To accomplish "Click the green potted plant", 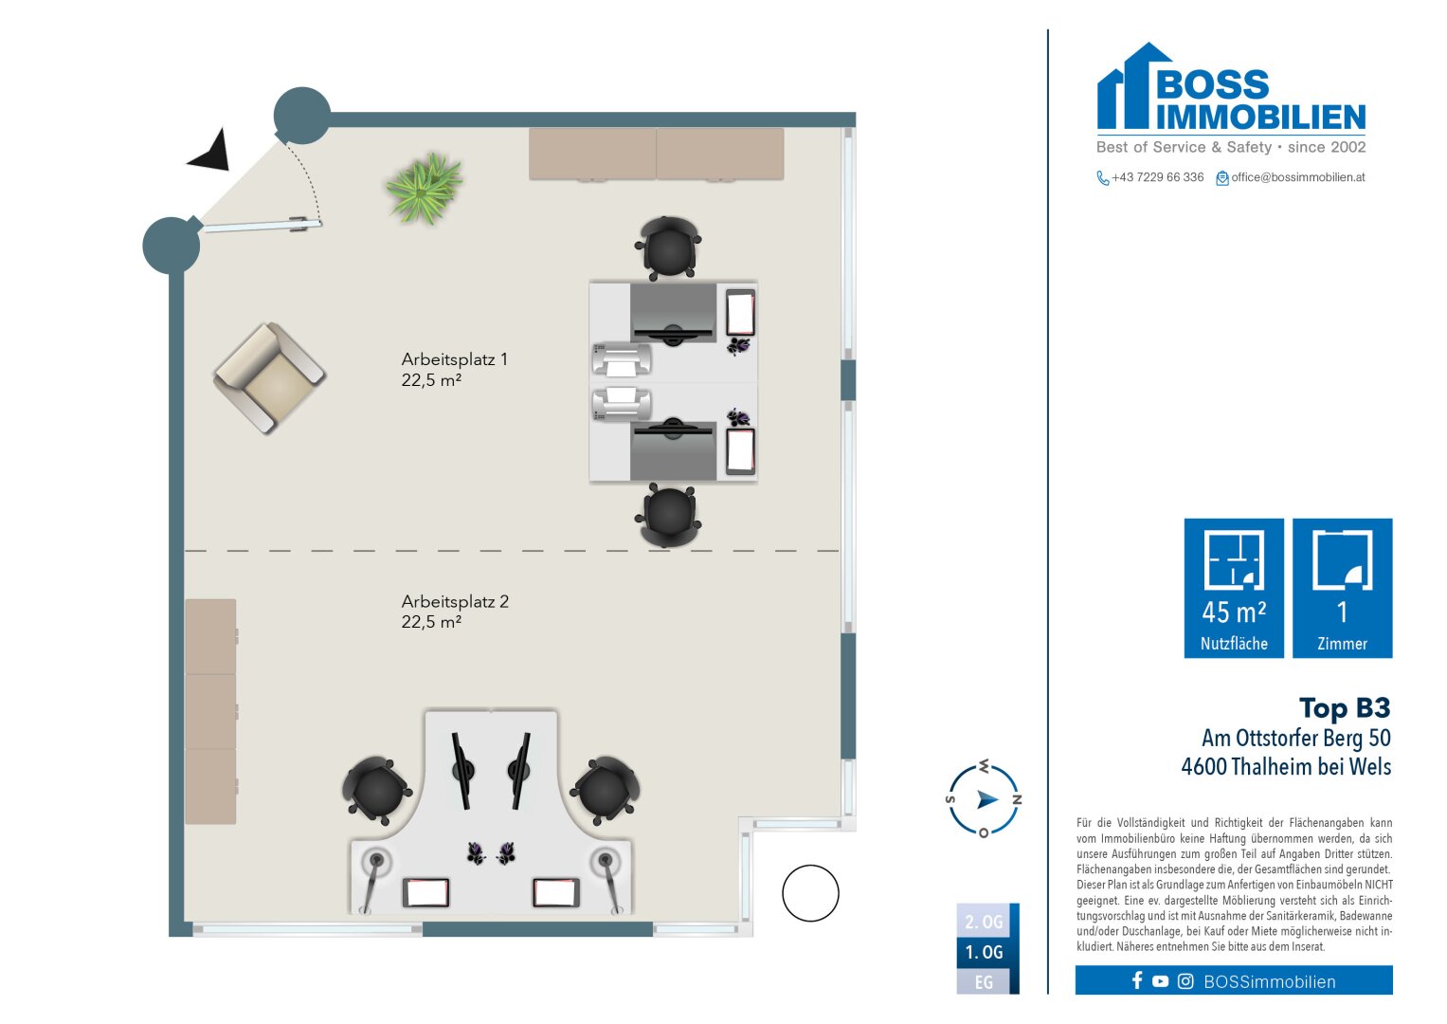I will [424, 188].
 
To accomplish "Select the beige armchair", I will [270, 377].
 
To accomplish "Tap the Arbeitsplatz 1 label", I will [454, 370].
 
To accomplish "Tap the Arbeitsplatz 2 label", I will [454, 612].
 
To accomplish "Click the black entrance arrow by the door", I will [210, 152].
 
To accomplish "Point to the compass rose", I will [985, 799].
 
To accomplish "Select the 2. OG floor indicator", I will [984, 922].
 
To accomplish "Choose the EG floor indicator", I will [984, 982].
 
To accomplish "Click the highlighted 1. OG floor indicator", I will [984, 952].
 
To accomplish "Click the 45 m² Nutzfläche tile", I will [1234, 588].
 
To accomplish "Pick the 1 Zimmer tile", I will [1342, 588].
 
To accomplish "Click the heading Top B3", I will [1344, 708].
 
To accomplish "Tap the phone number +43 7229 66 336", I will [1157, 177].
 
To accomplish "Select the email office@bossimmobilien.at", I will [1297, 177].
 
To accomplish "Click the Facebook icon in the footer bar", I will [1137, 980].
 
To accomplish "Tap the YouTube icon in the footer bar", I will [1160, 981].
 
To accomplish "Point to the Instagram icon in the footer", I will [1185, 981].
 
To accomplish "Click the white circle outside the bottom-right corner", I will [810, 893].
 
